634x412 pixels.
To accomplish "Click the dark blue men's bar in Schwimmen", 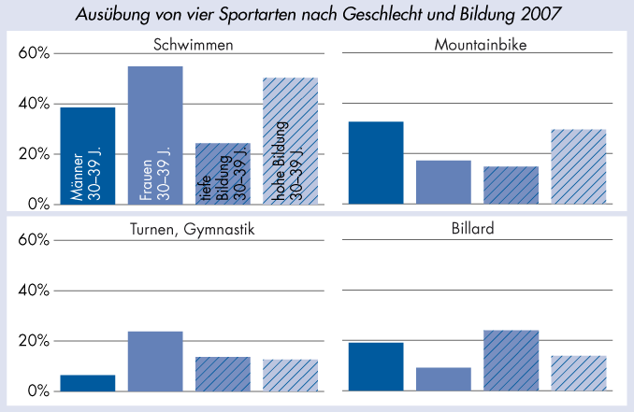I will click(88, 155).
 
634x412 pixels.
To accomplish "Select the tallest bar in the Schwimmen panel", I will click(155, 135).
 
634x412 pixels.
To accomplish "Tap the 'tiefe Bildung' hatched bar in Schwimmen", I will click(223, 173).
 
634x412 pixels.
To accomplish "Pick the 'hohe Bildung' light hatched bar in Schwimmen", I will click(290, 140).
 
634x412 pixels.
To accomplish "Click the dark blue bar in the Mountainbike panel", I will click(376, 163).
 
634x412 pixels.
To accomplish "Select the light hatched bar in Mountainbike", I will click(578, 166).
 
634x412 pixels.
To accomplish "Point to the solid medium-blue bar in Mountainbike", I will click(443, 182).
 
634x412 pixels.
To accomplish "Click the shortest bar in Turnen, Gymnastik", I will click(88, 383).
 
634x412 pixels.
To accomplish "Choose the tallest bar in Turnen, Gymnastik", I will click(155, 361).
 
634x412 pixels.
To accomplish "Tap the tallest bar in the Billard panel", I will click(511, 360).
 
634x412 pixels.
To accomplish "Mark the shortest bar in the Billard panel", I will click(443, 378).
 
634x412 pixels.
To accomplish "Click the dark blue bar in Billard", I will click(376, 366).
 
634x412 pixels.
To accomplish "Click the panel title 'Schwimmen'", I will click(193, 44).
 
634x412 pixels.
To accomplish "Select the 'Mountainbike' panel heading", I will click(477, 44).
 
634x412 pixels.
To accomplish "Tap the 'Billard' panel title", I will click(477, 230).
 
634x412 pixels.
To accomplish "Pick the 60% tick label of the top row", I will click(34, 53).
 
